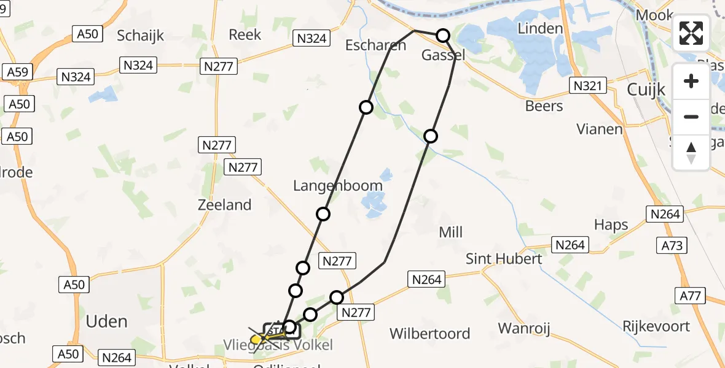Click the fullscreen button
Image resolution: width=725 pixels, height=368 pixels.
691,33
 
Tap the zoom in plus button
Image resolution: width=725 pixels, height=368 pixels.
691,81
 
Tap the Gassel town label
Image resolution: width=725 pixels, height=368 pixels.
442,55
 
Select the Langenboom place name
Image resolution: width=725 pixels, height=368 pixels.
338,185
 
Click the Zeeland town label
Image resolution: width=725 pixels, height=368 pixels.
224,205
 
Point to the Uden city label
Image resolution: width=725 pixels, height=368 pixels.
106,321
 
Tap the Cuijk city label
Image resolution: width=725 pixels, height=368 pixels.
646,90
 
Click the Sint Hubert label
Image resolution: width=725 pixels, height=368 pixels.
504,259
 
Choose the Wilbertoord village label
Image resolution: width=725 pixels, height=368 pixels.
430,334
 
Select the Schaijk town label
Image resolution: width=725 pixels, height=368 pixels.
141,36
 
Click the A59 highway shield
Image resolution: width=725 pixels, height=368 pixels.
18,72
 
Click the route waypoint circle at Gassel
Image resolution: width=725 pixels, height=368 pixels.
443,36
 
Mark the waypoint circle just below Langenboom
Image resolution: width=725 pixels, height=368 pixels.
323,213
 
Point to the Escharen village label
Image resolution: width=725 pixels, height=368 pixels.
375,45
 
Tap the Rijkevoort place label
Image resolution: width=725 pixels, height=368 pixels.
656,326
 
